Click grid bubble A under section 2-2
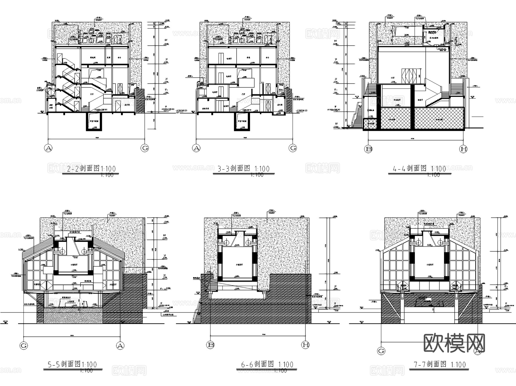click(48, 148)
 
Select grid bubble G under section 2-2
click(145, 148)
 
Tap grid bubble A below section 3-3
click(196, 148)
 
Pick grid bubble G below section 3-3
click(293, 148)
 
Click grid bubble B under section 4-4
click(368, 149)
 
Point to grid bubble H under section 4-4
click(463, 149)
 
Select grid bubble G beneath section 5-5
click(24, 346)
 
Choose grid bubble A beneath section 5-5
click(120, 346)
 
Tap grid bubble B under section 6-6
click(210, 345)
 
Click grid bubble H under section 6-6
click(306, 345)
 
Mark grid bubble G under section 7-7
click(381, 351)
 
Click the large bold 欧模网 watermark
click(454, 343)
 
